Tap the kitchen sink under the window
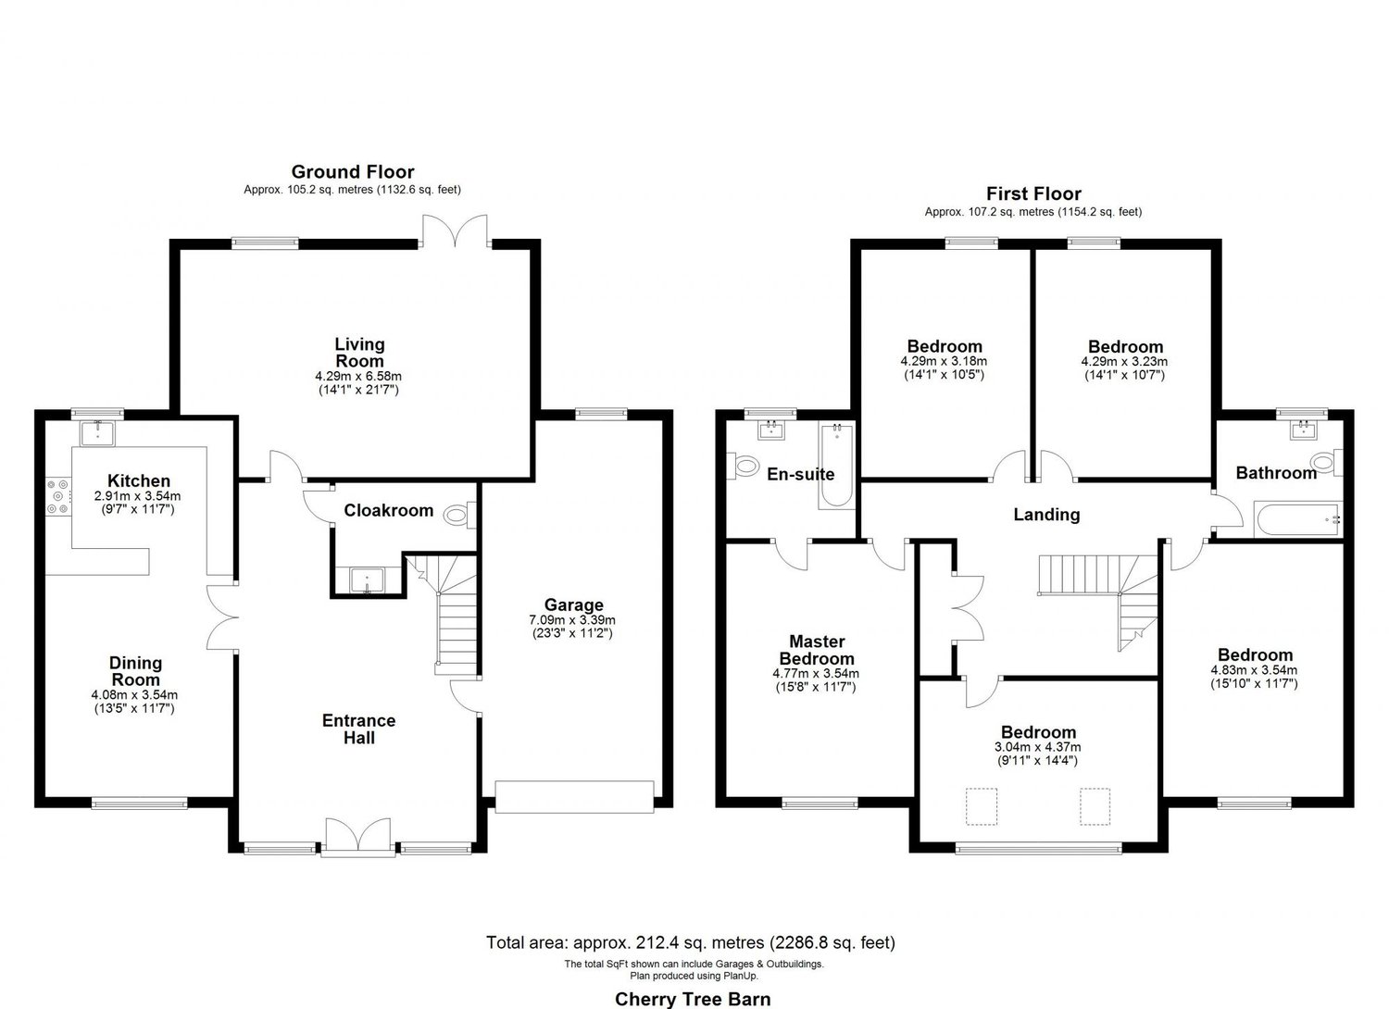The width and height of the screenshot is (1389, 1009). coord(95,432)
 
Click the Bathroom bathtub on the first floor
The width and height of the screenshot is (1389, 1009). coord(1296,520)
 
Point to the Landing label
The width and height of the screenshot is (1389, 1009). coord(1046,515)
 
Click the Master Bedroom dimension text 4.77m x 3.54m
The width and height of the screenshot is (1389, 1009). coord(815,674)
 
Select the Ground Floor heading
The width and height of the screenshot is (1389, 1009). coord(353,171)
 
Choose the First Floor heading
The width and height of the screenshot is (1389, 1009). coord(1033,193)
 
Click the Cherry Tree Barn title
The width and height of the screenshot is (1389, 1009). coord(693,998)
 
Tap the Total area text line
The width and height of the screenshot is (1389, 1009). coord(691,943)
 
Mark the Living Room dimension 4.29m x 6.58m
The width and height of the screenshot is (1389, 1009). coord(359,377)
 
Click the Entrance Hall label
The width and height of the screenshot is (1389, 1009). coord(359,729)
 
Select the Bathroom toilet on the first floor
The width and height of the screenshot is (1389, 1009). coord(1322,462)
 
